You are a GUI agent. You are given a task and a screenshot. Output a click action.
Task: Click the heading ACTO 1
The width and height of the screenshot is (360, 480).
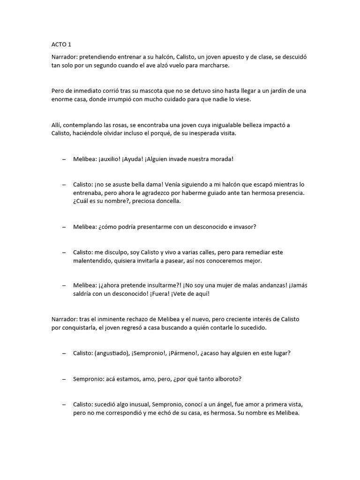coord(61,45)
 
